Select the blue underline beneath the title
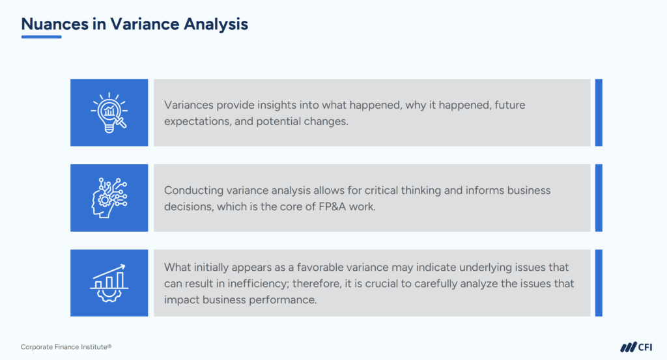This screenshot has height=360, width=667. coord(41,36)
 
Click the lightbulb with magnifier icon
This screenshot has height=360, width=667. coord(109,112)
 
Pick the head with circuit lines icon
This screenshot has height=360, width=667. coord(109,197)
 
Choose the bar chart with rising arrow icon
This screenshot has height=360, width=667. coord(109,283)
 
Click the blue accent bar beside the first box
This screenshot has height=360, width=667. coord(599,112)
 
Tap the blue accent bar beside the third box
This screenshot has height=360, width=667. coord(599,283)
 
